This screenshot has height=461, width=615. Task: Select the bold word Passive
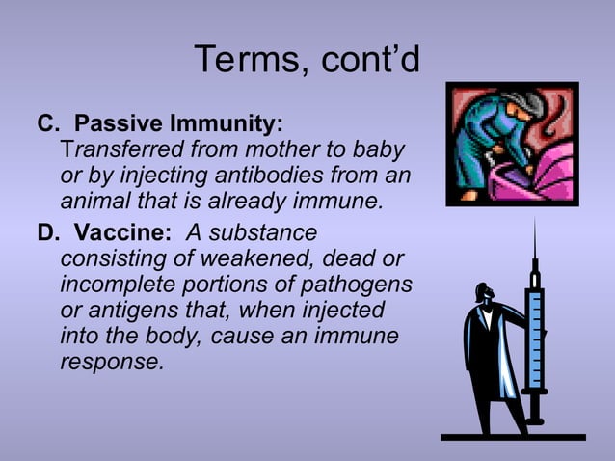click(x=118, y=125)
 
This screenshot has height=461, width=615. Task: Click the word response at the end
click(x=112, y=364)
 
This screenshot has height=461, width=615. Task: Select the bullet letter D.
click(x=46, y=233)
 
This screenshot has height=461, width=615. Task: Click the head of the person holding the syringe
click(x=481, y=295)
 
